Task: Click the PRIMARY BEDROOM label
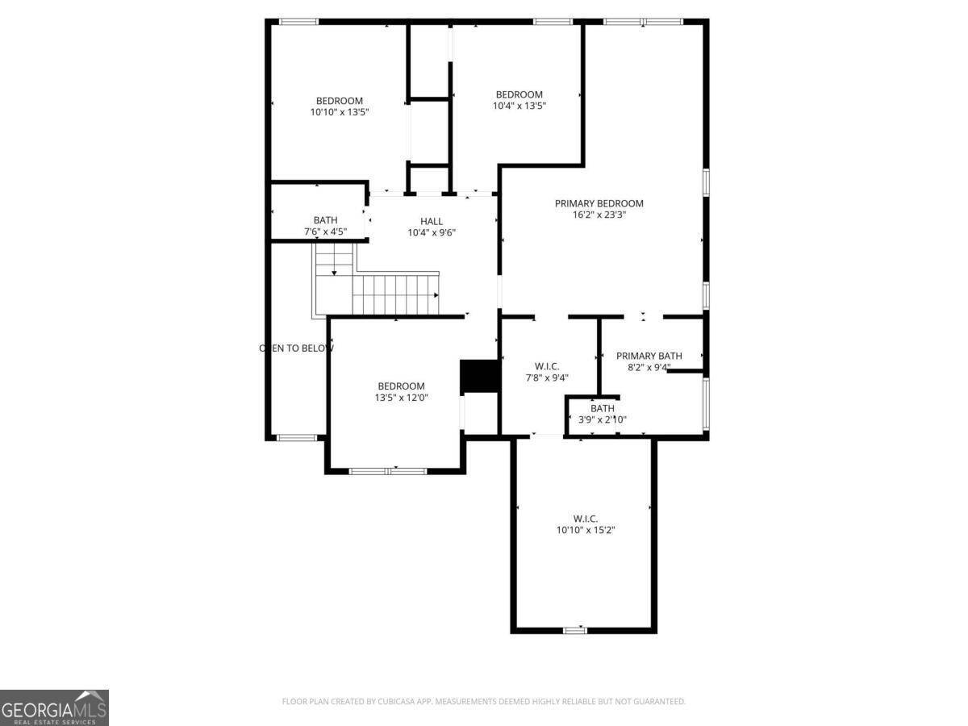click(599, 203)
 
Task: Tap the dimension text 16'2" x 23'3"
click(599, 215)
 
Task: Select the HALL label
click(431, 222)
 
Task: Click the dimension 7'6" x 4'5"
click(325, 232)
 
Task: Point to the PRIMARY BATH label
click(649, 356)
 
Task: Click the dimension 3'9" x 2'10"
click(602, 419)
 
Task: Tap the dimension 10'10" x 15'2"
click(585, 530)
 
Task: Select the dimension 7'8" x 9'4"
click(547, 378)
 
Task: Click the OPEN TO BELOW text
click(295, 348)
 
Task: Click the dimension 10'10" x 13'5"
click(339, 113)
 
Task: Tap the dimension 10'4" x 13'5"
click(519, 106)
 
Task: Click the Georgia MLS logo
click(54, 707)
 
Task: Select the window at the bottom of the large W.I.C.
click(574, 630)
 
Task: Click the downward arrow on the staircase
click(334, 273)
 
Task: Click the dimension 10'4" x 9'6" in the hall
click(431, 233)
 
